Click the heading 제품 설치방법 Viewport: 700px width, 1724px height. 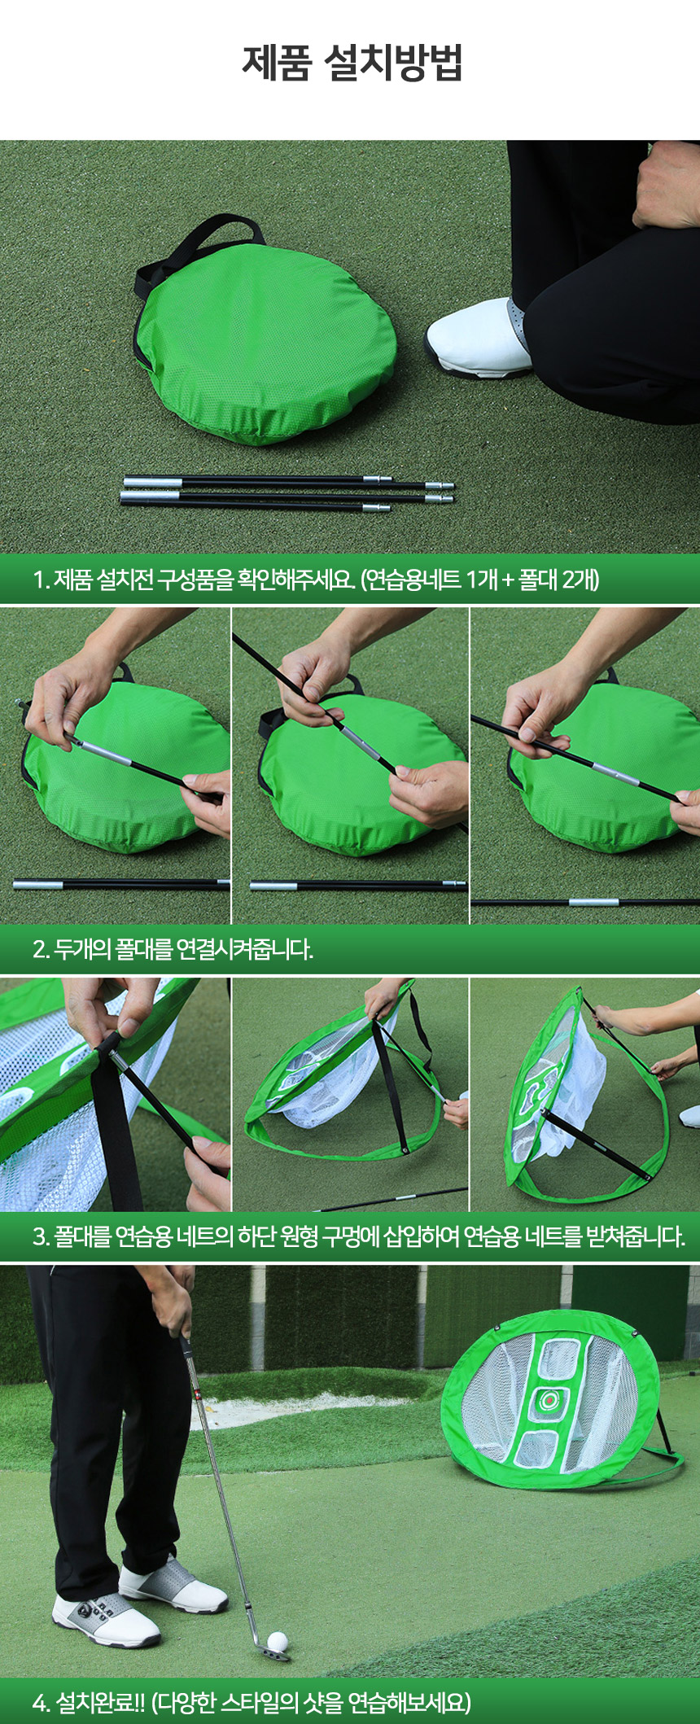pos(352,62)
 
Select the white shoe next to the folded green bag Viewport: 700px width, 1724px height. pos(478,337)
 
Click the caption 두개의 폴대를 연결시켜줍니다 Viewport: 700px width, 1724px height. pos(183,949)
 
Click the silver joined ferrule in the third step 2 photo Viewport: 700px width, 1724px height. pos(594,902)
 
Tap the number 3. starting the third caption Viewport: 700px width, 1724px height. pos(42,1237)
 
